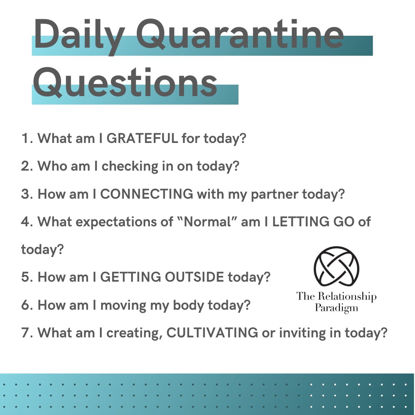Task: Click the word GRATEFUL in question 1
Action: [142, 138]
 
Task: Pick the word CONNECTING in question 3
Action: [147, 194]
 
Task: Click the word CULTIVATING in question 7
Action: [212, 333]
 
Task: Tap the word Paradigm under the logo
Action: [336, 308]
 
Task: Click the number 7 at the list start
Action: [25, 333]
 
